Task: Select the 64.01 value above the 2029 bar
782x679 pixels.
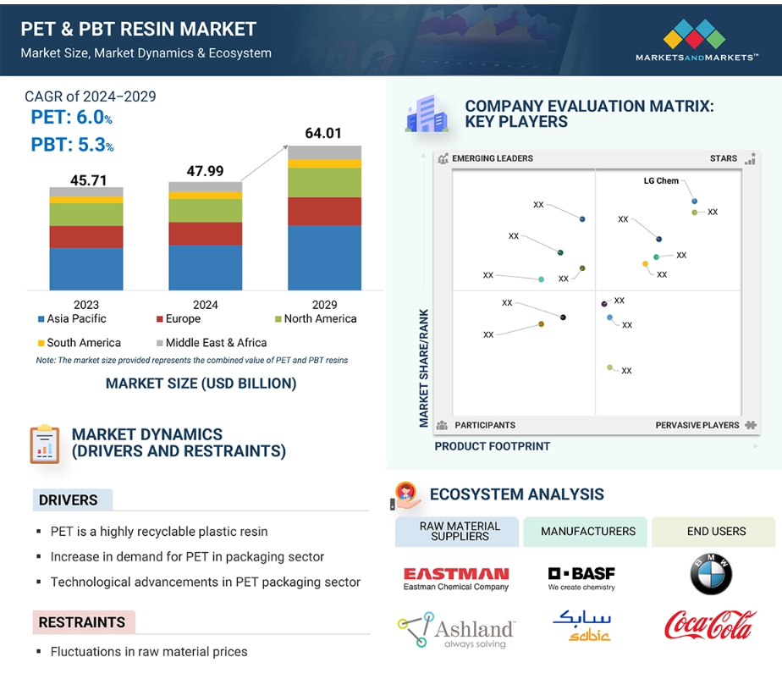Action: pyautogui.click(x=324, y=133)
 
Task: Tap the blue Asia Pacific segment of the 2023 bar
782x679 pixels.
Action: pyautogui.click(x=86, y=269)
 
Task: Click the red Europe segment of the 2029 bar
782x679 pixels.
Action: pyautogui.click(x=324, y=212)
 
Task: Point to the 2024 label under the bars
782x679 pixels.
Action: pyautogui.click(x=205, y=305)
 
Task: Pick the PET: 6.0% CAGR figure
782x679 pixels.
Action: pyautogui.click(x=72, y=119)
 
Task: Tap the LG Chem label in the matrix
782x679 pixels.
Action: pyautogui.click(x=661, y=181)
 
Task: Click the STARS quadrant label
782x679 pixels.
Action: pyautogui.click(x=723, y=158)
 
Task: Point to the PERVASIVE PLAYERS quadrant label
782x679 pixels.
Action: pyautogui.click(x=697, y=425)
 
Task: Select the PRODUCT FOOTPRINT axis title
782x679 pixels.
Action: pyautogui.click(x=492, y=446)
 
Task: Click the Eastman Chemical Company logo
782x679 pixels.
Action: pyautogui.click(x=456, y=578)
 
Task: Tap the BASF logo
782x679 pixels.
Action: pyautogui.click(x=581, y=578)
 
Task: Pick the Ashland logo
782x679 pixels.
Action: pyautogui.click(x=456, y=630)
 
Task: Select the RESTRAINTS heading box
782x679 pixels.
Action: pyautogui.click(x=83, y=622)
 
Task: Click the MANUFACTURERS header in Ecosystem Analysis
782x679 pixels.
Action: pyautogui.click(x=588, y=532)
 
